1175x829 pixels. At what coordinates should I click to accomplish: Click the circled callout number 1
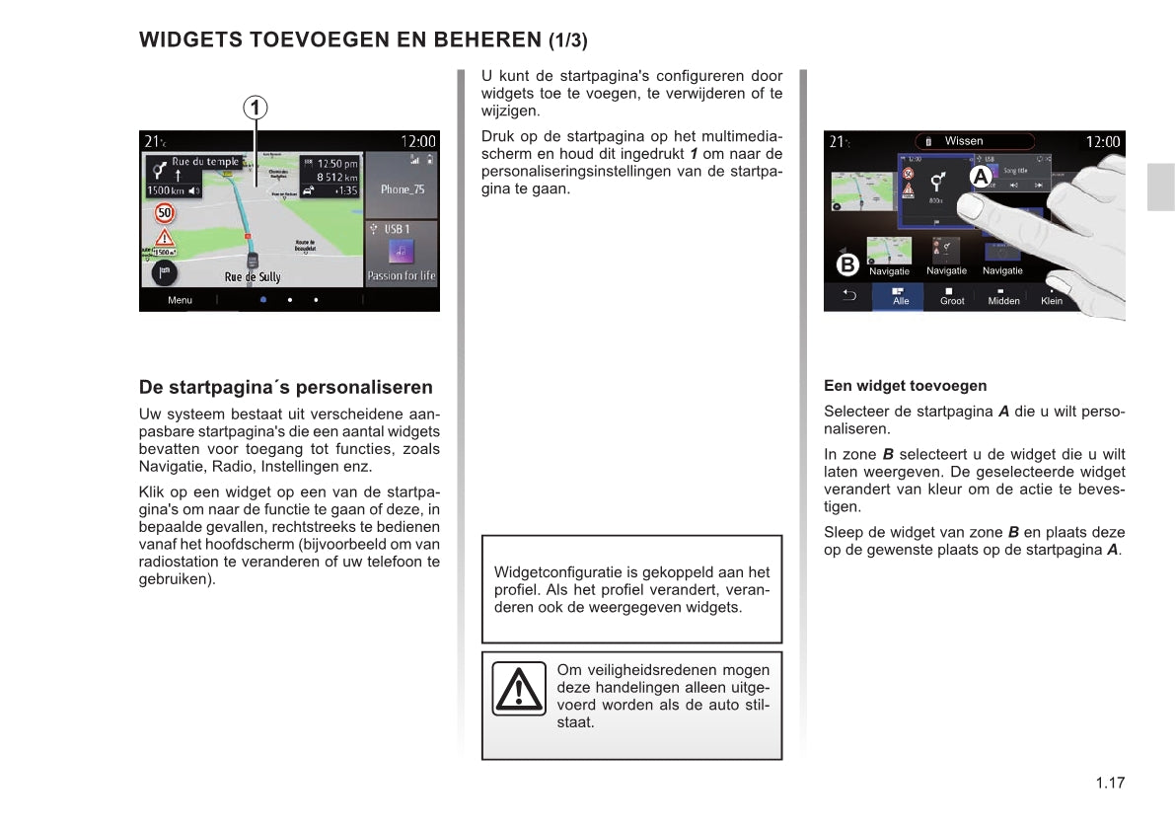(256, 107)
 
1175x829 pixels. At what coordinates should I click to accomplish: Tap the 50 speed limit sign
(165, 212)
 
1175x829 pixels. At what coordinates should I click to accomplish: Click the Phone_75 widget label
(402, 188)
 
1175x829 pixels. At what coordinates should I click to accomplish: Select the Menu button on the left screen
(180, 300)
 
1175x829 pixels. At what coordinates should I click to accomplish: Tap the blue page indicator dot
(263, 299)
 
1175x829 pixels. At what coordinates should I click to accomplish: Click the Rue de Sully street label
(253, 277)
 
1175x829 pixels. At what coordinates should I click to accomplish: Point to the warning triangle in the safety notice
(519, 688)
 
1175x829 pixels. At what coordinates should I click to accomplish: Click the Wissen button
(963, 141)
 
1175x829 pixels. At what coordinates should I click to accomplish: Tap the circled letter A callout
(980, 177)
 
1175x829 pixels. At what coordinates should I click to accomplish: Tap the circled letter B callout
(846, 264)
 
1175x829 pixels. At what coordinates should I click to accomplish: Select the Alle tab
(900, 297)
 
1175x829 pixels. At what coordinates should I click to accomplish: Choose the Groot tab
(952, 297)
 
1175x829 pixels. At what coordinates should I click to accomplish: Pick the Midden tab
(1003, 297)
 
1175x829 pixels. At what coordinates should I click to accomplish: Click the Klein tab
(1052, 297)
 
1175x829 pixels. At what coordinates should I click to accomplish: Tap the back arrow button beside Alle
(848, 296)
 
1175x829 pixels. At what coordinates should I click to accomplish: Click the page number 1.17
(1110, 784)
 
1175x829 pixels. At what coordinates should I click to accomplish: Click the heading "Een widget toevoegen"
(905, 386)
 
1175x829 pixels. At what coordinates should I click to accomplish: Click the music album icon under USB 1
(401, 251)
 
